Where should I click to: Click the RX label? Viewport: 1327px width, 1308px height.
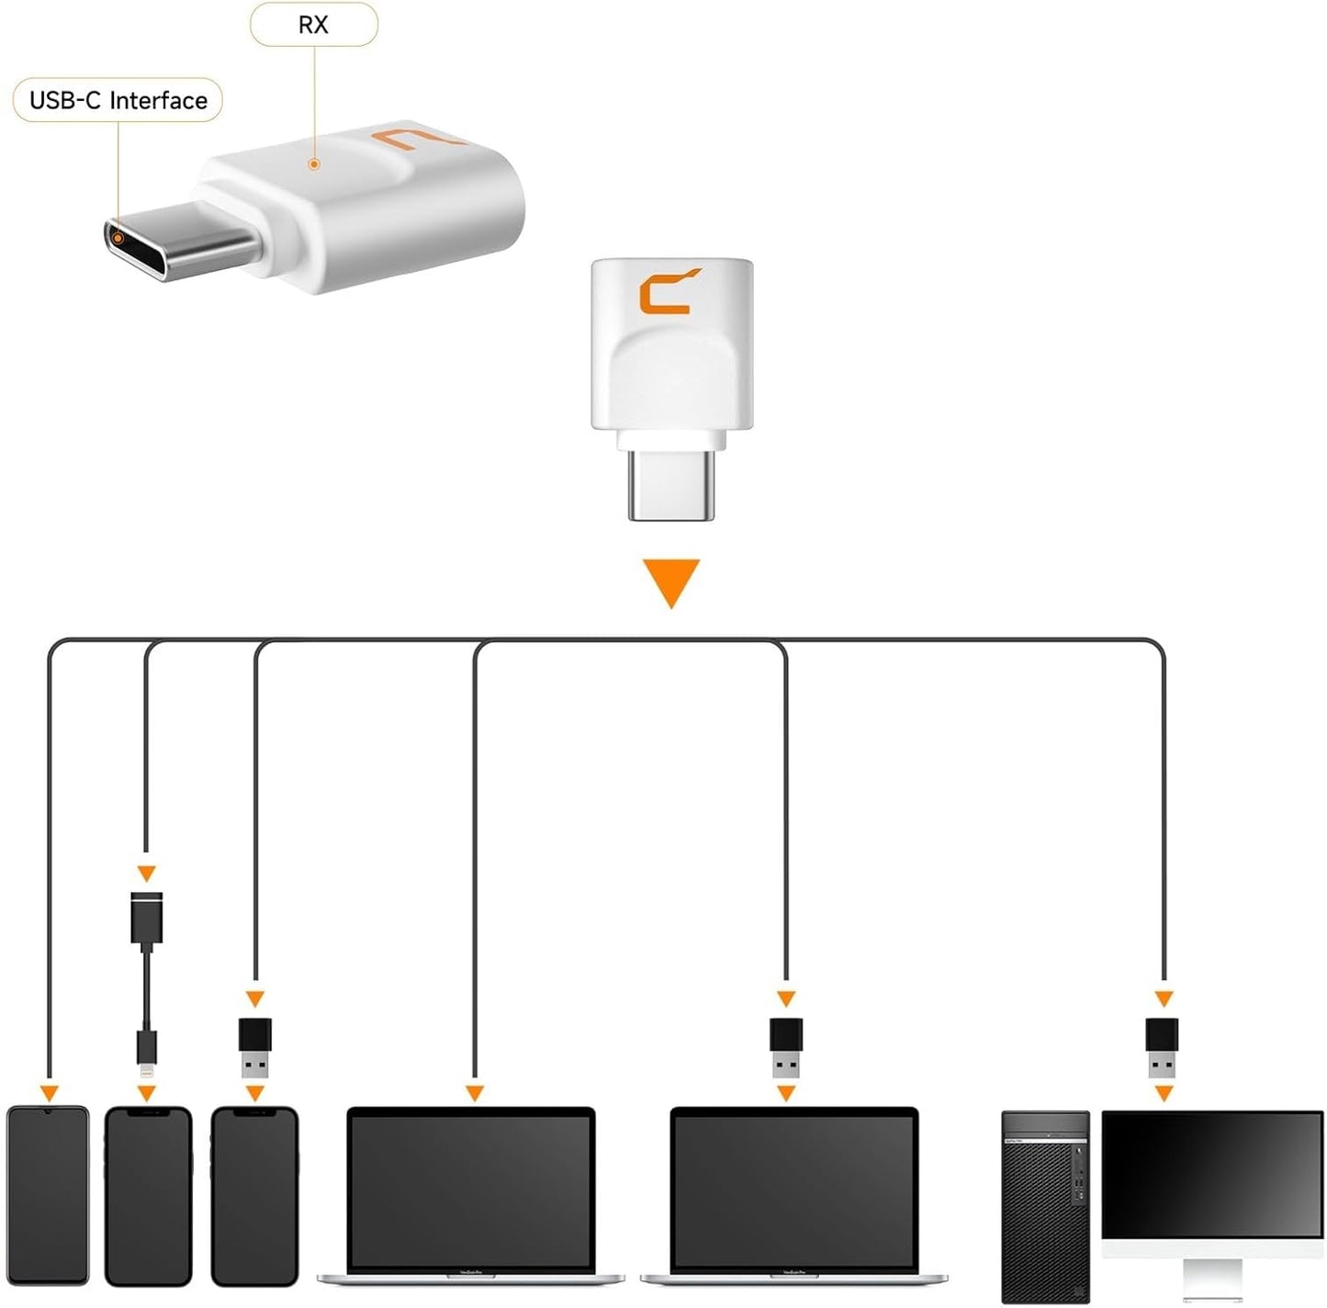[313, 25]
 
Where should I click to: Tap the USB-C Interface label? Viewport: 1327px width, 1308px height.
[118, 100]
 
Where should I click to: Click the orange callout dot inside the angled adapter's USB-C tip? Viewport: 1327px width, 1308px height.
[118, 237]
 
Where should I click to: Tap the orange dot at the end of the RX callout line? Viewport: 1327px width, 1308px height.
[314, 164]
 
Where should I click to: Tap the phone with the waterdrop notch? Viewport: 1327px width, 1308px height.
[48, 1194]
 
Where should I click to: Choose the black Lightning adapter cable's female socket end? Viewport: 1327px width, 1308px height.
[147, 918]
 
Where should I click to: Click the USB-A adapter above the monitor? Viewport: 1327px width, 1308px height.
[1162, 1048]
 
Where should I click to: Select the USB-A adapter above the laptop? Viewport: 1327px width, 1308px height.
[786, 1048]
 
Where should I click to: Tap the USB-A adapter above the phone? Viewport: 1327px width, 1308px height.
[255, 1048]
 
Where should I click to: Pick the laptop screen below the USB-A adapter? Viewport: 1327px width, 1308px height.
[794, 1190]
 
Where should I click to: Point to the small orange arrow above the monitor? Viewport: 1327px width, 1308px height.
[1164, 998]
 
